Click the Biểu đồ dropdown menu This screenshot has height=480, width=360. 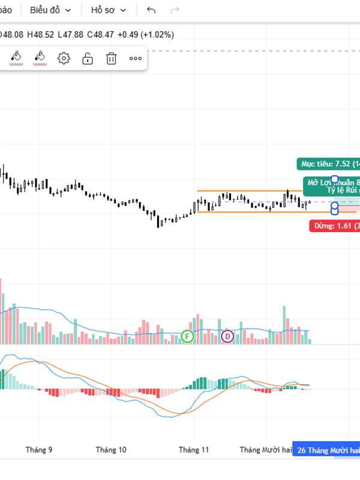(x=50, y=10)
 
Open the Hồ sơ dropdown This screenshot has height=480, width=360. (x=109, y=10)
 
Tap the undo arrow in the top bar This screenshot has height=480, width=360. (x=151, y=10)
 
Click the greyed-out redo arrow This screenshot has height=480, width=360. (x=175, y=10)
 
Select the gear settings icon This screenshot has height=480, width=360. (x=64, y=58)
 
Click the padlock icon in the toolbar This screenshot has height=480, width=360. (x=88, y=58)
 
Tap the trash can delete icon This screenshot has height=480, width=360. (x=112, y=58)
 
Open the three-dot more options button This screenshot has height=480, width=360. (x=136, y=58)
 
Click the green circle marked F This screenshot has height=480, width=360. (x=188, y=336)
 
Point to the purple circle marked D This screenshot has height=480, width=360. (x=227, y=336)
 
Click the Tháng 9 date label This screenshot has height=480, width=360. (x=39, y=449)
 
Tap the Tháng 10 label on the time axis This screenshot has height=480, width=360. (x=111, y=449)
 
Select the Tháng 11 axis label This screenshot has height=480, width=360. (x=194, y=449)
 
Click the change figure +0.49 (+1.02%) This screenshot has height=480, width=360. (x=146, y=35)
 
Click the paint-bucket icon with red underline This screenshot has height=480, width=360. (x=40, y=58)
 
